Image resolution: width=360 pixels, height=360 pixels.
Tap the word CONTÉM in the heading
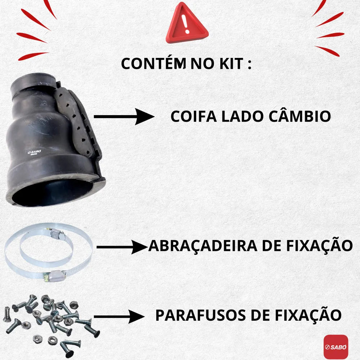(153, 64)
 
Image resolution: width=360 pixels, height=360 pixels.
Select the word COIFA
(194, 116)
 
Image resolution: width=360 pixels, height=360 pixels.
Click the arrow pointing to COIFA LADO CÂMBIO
(124, 117)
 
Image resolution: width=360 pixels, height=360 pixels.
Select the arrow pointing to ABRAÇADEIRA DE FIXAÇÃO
(122, 247)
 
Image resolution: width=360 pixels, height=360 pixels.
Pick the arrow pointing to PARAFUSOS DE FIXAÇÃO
(119, 316)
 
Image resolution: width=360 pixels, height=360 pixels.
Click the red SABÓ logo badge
(336, 347)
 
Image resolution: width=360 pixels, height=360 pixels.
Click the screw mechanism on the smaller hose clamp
(56, 234)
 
